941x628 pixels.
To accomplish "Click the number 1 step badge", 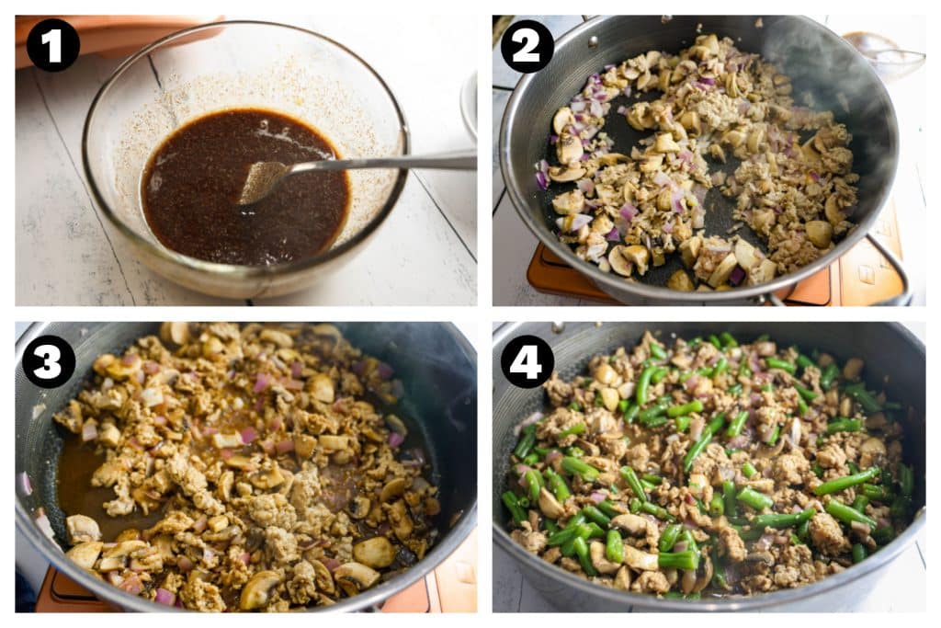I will tap(52, 44).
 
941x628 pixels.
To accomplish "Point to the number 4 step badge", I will tap(527, 361).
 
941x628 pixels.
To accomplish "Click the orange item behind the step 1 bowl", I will tap(110, 37).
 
